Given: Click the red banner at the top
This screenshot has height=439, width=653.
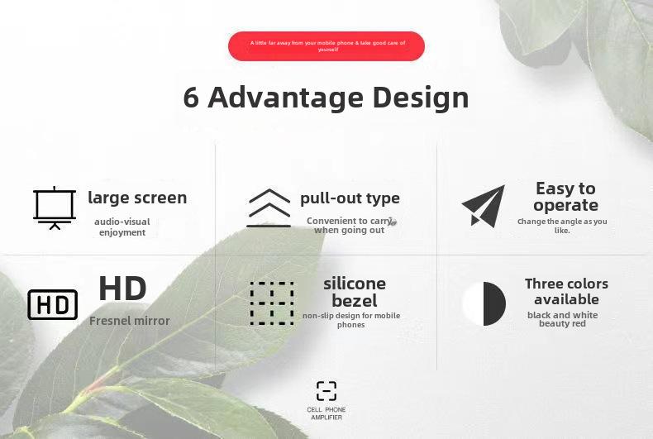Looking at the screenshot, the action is pos(326,46).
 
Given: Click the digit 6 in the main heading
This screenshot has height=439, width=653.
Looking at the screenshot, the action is pos(191,98).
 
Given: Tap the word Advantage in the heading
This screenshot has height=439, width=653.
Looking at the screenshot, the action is pos(286,98).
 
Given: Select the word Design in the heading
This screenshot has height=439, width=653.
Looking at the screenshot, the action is pos(421,98).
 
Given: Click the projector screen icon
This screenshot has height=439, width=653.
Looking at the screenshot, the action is pos(55,208).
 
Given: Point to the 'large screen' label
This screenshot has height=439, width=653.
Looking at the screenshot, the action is pos(137,198).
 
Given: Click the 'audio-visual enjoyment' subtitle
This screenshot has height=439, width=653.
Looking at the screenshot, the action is pos(122,227).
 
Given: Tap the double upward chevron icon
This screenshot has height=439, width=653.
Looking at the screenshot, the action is pos(269,208).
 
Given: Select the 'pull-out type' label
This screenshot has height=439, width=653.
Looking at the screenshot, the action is pos(350,198).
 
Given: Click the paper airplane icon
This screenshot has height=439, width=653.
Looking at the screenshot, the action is pos(484,206).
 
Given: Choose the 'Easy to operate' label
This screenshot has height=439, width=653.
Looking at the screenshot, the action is pos(565,197).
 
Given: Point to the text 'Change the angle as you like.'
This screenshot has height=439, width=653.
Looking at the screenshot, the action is pos(562,226).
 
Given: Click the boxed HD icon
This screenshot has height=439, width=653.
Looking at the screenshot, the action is pos(52,305).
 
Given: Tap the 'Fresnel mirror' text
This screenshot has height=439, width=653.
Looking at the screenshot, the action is pos(130,321).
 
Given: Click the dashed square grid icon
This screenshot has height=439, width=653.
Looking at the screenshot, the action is pos(272,303).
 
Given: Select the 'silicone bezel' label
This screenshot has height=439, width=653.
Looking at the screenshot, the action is pos(355,292).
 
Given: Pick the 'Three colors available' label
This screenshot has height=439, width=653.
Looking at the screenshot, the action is pos(566,292).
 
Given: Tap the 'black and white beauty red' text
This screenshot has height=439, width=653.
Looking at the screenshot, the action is pos(562,319).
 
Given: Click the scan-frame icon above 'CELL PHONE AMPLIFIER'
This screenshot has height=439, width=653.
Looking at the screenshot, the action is pos(326,391).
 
